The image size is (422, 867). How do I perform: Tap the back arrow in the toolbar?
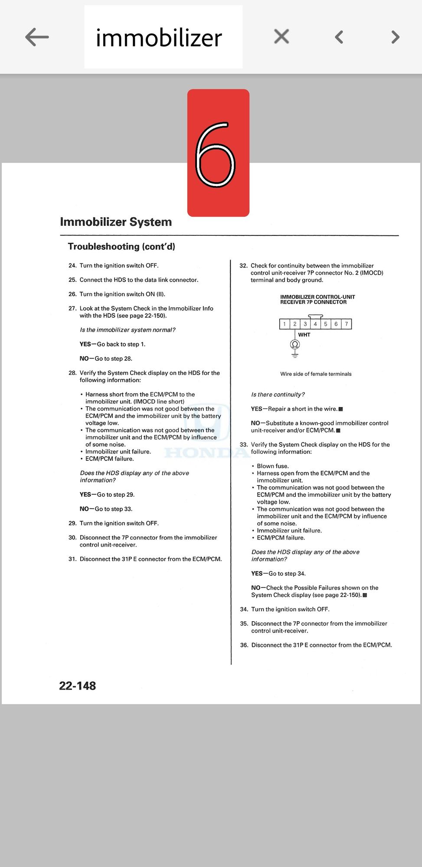coord(37,37)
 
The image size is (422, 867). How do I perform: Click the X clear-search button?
coord(281,36)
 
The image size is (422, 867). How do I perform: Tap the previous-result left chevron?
coord(339,37)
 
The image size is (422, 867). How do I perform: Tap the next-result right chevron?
coord(395,37)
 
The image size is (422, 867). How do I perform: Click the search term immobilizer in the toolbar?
coord(159,38)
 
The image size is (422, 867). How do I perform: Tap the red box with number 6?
coord(218,153)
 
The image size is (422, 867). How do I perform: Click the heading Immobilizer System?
coord(116,222)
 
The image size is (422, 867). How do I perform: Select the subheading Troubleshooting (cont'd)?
coord(121,246)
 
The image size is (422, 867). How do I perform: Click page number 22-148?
coord(77,685)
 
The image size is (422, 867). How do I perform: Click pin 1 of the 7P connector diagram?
coord(285,324)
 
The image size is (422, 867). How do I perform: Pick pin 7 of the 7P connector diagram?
coord(346,324)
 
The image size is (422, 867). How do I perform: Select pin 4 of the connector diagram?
coord(315,324)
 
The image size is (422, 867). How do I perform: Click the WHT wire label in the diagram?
coord(304,335)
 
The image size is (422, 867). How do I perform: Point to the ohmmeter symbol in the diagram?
coord(295,345)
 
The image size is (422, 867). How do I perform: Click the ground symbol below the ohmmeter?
coord(295,355)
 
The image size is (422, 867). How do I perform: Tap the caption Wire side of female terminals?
coord(316,374)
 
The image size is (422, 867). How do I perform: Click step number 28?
coord(72,373)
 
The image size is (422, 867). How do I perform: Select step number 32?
coord(243,266)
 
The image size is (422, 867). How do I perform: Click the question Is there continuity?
coord(278,394)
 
